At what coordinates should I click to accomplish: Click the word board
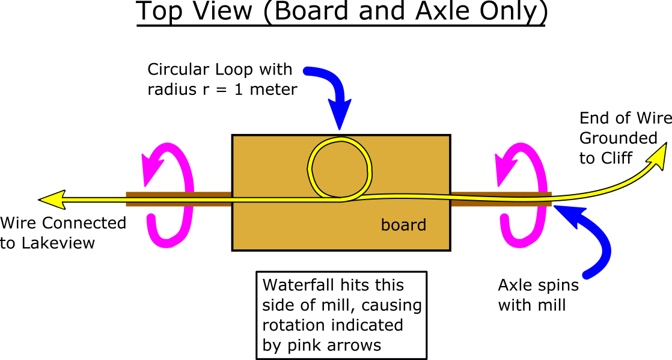pyautogui.click(x=403, y=225)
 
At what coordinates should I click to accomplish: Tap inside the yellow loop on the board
pyautogui.click(x=340, y=169)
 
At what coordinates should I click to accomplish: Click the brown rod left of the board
pyautogui.click(x=178, y=199)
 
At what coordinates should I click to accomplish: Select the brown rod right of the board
pyautogui.click(x=501, y=199)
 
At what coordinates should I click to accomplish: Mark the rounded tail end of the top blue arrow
pyautogui.click(x=308, y=72)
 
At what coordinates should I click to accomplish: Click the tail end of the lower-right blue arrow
pyautogui.click(x=587, y=275)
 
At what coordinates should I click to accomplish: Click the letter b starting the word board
pyautogui.click(x=385, y=225)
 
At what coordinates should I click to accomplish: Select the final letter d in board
pyautogui.click(x=422, y=225)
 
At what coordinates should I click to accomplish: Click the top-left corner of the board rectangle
pyautogui.click(x=234, y=136)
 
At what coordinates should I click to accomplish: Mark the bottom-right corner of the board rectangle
pyautogui.click(x=448, y=248)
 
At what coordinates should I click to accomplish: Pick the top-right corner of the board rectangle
pyautogui.click(x=448, y=136)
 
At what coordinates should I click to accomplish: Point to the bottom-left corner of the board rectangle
pyautogui.click(x=234, y=248)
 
